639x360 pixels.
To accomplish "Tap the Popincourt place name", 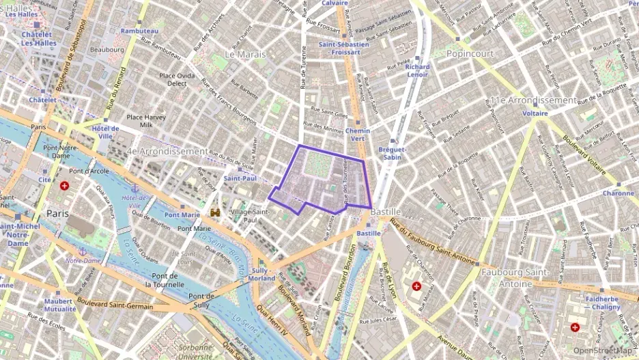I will [x=471, y=53].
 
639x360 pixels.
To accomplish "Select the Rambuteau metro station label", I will [x=139, y=31].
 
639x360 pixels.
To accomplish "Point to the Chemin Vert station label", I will [x=358, y=135].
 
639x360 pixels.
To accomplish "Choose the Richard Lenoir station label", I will [x=417, y=71].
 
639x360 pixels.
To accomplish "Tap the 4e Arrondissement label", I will [x=167, y=150].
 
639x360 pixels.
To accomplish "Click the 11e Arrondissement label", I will [x=532, y=100].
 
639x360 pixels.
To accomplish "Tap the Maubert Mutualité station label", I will [x=59, y=305].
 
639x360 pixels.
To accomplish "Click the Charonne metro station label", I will [x=618, y=193].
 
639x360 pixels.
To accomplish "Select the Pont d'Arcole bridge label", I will [x=89, y=171].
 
